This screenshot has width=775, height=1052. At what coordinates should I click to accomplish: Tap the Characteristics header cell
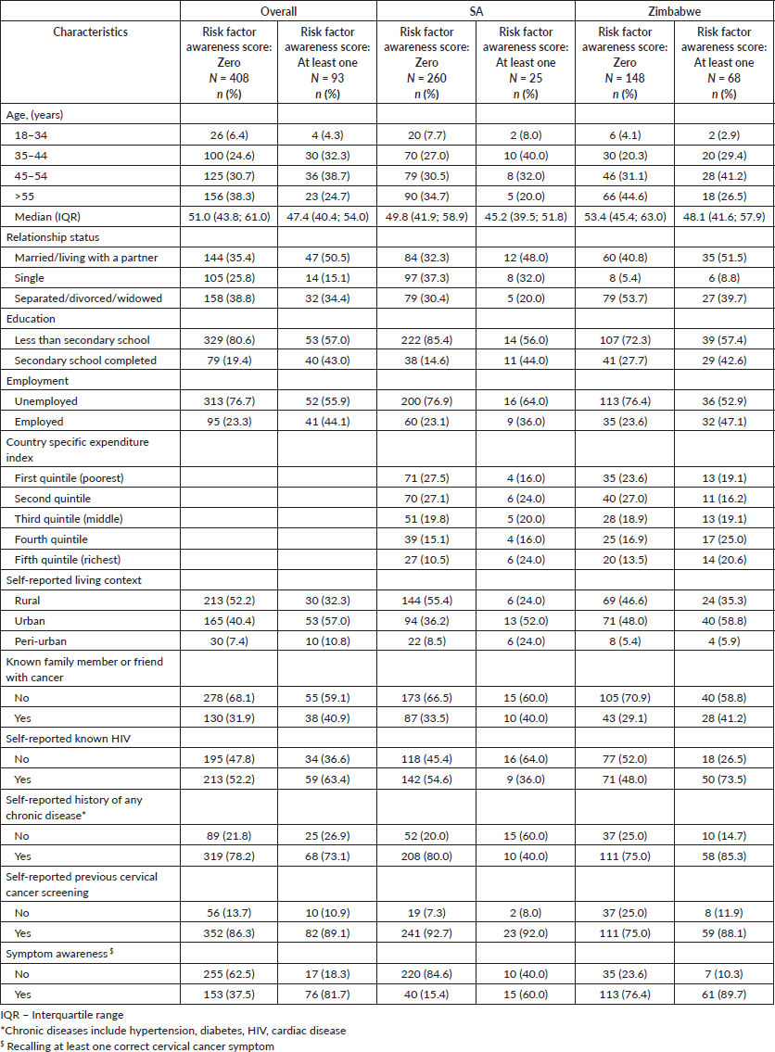click(91, 32)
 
